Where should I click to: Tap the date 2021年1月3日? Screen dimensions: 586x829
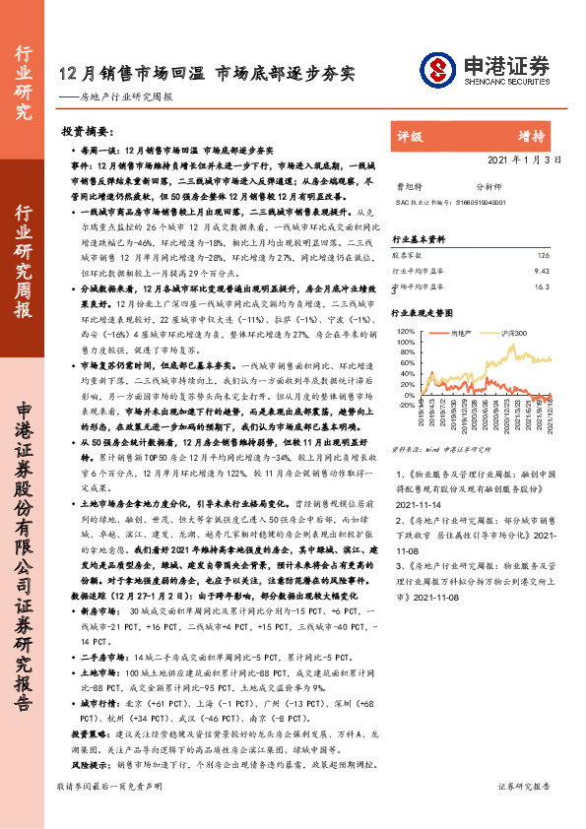coord(524,159)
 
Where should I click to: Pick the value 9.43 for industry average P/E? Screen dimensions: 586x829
coord(541,272)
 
